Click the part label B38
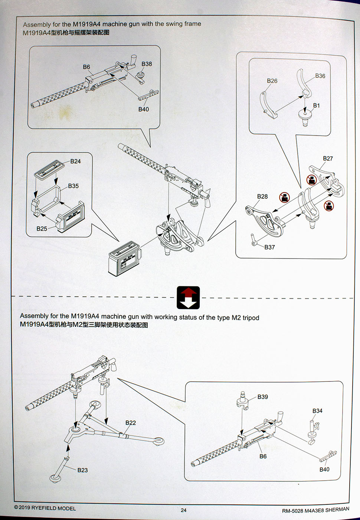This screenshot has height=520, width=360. (147, 64)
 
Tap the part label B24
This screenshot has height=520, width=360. (75, 161)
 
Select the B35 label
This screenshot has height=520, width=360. (73, 186)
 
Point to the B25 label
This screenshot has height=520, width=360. (42, 229)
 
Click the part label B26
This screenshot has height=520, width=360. (272, 81)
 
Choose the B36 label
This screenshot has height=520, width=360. (320, 76)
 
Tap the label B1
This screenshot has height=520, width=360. (316, 105)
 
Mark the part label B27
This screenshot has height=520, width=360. (328, 159)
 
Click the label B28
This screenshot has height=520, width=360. (262, 196)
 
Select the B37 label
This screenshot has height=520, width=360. (269, 247)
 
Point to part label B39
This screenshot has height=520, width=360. (262, 397)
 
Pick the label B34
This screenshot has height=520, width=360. (317, 411)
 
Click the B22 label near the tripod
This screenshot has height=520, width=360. (131, 423)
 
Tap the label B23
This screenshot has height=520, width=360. (82, 470)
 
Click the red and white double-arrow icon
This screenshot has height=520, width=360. (188, 298)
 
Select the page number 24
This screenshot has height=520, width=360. (184, 510)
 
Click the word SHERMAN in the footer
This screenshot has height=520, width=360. (337, 509)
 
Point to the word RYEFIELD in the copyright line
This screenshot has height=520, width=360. (44, 508)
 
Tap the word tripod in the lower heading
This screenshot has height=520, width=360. (251, 318)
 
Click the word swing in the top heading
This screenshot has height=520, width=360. (174, 24)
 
